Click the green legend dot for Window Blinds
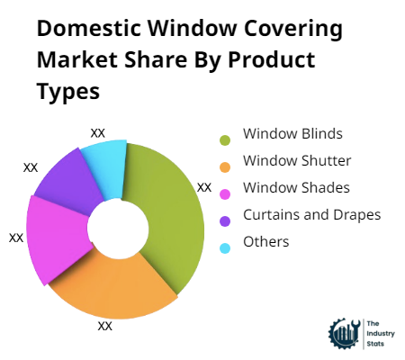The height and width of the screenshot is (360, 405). click(224, 139)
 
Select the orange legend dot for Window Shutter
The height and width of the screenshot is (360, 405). click(224, 165)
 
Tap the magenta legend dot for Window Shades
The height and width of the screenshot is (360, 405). click(224, 192)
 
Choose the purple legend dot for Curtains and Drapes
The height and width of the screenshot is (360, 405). click(224, 218)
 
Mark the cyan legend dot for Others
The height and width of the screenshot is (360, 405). click(224, 245)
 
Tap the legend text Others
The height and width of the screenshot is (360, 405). click(266, 241)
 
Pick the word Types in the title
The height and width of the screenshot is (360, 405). click(68, 94)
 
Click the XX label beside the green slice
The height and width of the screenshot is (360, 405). click(204, 187)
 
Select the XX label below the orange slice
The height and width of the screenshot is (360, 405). click(105, 326)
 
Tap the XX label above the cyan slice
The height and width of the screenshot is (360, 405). click(98, 132)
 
